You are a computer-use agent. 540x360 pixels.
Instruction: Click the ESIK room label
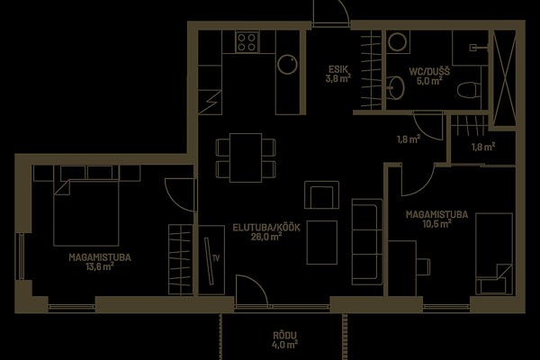pos(338,69)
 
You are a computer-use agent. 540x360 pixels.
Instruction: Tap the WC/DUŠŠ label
pos(429,72)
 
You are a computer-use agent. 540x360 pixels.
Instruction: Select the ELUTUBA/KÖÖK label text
pos(266,228)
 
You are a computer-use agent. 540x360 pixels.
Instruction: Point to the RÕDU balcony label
pos(284,336)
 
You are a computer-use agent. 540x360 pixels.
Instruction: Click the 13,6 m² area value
pos(100,266)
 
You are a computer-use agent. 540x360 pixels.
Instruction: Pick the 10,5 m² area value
pos(437,224)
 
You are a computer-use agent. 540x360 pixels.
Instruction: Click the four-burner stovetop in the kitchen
pos(247,41)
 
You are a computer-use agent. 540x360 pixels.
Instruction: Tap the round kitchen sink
pos(287,65)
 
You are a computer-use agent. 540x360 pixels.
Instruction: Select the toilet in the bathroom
pos(468,90)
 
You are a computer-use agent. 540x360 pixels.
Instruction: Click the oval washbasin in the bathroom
pos(395,87)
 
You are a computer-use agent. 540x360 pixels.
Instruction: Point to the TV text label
pos(216,258)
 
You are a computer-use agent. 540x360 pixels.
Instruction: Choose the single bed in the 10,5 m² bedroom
pos(494,254)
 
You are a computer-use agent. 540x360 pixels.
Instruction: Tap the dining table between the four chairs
pos(246,157)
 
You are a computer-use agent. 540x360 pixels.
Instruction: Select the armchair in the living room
pos(321,194)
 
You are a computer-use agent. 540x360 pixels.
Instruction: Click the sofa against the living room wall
pos(367,241)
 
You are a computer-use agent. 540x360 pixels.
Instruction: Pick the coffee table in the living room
pos(321,242)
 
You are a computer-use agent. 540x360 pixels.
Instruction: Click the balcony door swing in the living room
pos(251,290)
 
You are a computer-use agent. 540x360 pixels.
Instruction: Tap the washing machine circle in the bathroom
pos(398,41)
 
